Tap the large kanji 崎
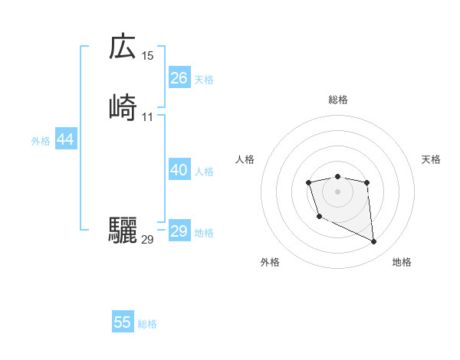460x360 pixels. click(x=123, y=106)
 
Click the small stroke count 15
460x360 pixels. click(x=148, y=56)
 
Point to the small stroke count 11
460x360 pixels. click(x=148, y=116)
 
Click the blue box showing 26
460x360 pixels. click(x=179, y=77)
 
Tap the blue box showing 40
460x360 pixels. click(x=179, y=170)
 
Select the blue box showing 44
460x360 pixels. click(x=65, y=139)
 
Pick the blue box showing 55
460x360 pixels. click(x=123, y=322)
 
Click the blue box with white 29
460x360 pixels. click(x=179, y=231)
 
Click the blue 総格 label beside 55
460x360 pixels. click(x=147, y=324)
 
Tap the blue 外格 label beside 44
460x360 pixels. click(x=41, y=141)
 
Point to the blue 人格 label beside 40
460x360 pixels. click(x=205, y=172)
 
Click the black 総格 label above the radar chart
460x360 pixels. click(x=338, y=100)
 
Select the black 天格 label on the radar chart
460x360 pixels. click(x=431, y=159)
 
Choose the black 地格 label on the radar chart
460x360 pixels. click(x=402, y=263)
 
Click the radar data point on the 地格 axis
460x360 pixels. click(x=374, y=242)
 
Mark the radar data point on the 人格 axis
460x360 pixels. click(x=308, y=182)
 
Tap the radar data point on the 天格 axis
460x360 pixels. click(x=367, y=182)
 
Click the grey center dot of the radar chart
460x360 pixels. click(x=338, y=191)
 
